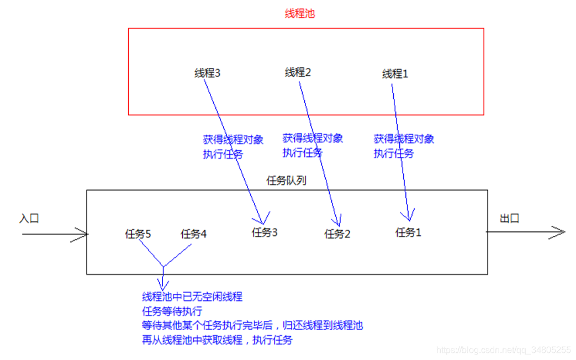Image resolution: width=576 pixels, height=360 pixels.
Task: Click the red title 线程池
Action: pyautogui.click(x=299, y=14)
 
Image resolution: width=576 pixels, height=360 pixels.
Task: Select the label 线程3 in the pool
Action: pyautogui.click(x=208, y=73)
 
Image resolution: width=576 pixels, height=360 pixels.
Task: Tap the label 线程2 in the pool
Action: pyautogui.click(x=298, y=72)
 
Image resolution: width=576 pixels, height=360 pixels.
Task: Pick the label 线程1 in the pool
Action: pyautogui.click(x=395, y=73)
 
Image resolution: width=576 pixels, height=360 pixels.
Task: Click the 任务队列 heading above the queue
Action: pyautogui.click(x=286, y=181)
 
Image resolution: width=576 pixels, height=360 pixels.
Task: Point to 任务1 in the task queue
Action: pyautogui.click(x=409, y=232)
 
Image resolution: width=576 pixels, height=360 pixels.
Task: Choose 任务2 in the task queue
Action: pyautogui.click(x=337, y=234)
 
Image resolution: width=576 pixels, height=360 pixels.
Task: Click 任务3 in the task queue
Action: pyautogui.click(x=265, y=232)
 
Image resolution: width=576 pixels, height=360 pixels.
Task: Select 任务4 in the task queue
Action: pyautogui.click(x=194, y=234)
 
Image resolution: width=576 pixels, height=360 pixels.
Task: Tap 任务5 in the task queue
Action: pyautogui.click(x=138, y=234)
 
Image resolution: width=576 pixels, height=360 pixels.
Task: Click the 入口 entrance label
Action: pyautogui.click(x=29, y=219)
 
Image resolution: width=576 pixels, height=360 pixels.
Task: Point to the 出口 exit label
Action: pyautogui.click(x=510, y=219)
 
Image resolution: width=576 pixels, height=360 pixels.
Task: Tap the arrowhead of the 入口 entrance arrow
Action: pyautogui.click(x=84, y=235)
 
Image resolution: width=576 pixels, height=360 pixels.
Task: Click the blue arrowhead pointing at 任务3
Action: pyautogui.click(x=263, y=219)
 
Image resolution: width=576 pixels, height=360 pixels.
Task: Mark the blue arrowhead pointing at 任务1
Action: pyautogui.click(x=409, y=218)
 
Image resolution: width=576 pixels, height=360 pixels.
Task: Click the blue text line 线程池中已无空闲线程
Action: pyautogui.click(x=192, y=297)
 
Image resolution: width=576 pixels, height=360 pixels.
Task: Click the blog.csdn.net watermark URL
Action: pyautogui.click(x=503, y=350)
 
